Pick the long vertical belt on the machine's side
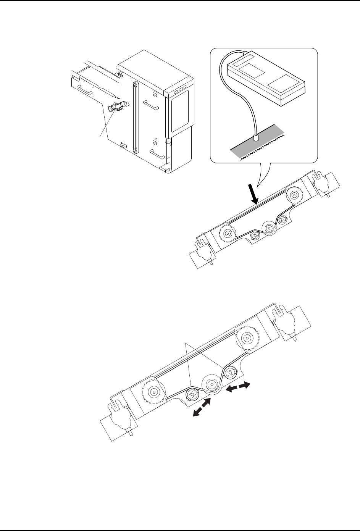134,117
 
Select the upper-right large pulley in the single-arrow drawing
294,196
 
